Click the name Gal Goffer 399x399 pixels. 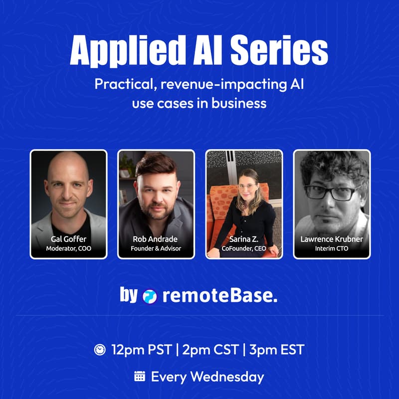click(x=69, y=239)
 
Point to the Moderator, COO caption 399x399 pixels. click(x=69, y=248)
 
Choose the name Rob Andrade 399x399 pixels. click(x=156, y=239)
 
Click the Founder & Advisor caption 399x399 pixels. click(x=156, y=248)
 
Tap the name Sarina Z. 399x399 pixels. click(x=244, y=239)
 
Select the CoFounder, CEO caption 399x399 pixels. click(x=244, y=248)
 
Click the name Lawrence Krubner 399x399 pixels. click(x=332, y=239)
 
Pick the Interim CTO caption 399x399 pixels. click(x=332, y=248)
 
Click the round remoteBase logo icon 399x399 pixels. click(x=150, y=296)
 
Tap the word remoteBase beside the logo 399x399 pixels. click(x=219, y=296)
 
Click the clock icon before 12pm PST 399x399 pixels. click(x=100, y=350)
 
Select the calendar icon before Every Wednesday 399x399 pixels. click(x=140, y=377)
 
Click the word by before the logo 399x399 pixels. click(x=128, y=296)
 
